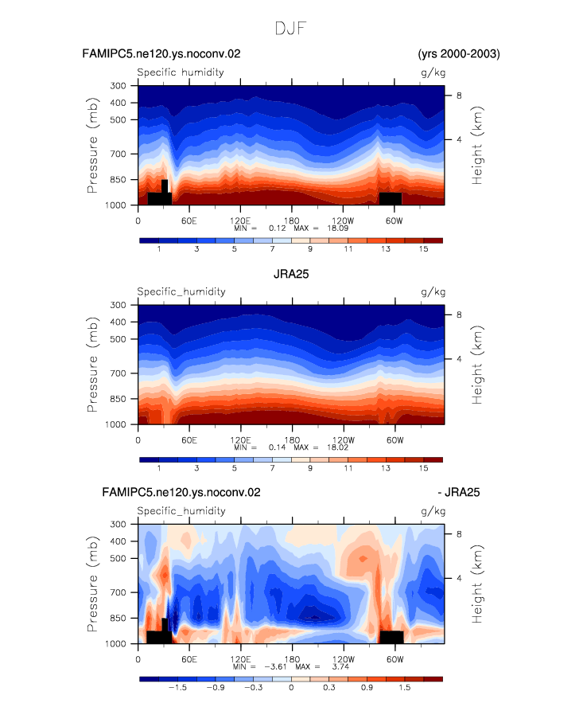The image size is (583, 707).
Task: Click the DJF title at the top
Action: pyautogui.click(x=290, y=29)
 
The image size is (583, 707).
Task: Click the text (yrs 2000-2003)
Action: pyautogui.click(x=459, y=53)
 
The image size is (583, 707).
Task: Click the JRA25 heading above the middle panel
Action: pyautogui.click(x=291, y=274)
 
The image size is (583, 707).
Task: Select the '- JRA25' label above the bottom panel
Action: pyautogui.click(x=459, y=492)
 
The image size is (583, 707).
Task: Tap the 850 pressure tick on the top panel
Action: pyautogui.click(x=118, y=179)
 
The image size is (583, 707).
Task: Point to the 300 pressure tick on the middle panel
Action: pyautogui.click(x=118, y=305)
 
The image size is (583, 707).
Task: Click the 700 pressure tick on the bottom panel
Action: pyautogui.click(x=118, y=592)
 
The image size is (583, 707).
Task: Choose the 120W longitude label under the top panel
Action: pyautogui.click(x=343, y=221)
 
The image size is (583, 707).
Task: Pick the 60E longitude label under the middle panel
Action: pyautogui.click(x=189, y=440)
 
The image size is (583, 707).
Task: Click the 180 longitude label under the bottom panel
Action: pyautogui.click(x=292, y=659)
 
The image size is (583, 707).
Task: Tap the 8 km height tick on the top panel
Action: pyautogui.click(x=459, y=96)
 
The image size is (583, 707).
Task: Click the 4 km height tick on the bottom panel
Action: pyautogui.click(x=459, y=578)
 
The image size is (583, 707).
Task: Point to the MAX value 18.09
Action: pyautogui.click(x=337, y=229)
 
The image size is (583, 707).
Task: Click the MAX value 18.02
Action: pyautogui.click(x=337, y=447)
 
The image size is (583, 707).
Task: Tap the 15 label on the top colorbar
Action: pyautogui.click(x=423, y=249)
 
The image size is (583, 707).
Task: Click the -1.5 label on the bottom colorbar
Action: pyautogui.click(x=177, y=688)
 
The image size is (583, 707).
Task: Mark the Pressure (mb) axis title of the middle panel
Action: pyautogui.click(x=92, y=365)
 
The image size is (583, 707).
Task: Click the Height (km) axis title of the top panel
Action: pyautogui.click(x=476, y=145)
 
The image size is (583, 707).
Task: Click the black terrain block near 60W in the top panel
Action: pyautogui.click(x=391, y=199)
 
